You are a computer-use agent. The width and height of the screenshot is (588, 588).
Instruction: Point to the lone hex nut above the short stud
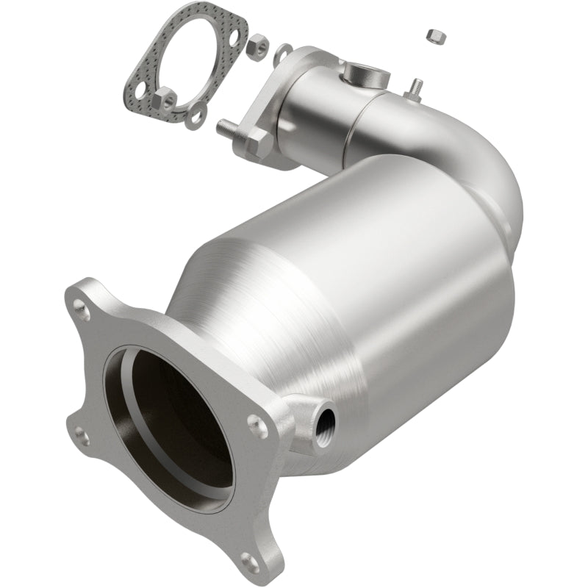[433, 35]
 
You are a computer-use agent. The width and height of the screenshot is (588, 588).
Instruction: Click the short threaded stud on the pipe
[417, 86]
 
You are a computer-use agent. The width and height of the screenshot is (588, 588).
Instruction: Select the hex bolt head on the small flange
[258, 143]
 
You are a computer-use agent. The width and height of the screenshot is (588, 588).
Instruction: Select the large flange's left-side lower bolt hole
[82, 439]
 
